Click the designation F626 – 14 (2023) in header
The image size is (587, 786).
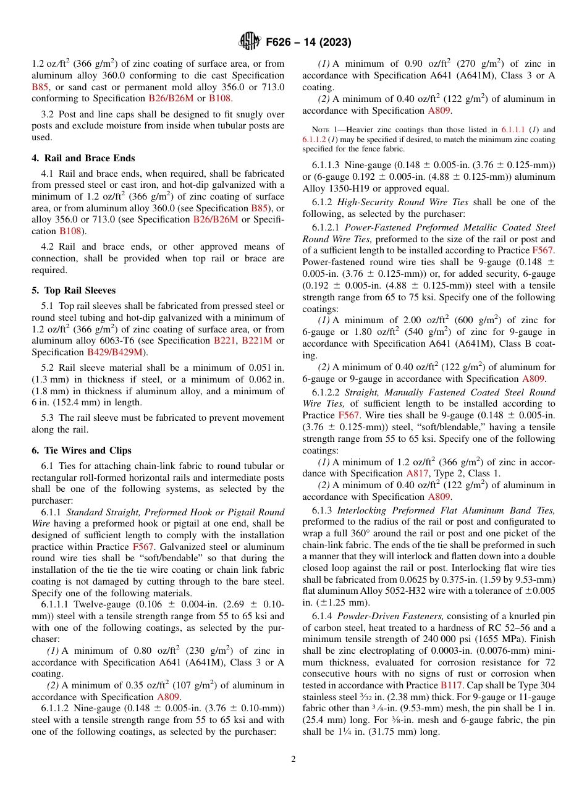[x=308, y=43]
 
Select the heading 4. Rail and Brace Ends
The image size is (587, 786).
[x=83, y=158]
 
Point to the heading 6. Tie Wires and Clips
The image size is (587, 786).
[x=81, y=450]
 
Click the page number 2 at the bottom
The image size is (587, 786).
[x=293, y=759]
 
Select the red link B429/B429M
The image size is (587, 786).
[x=115, y=353]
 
